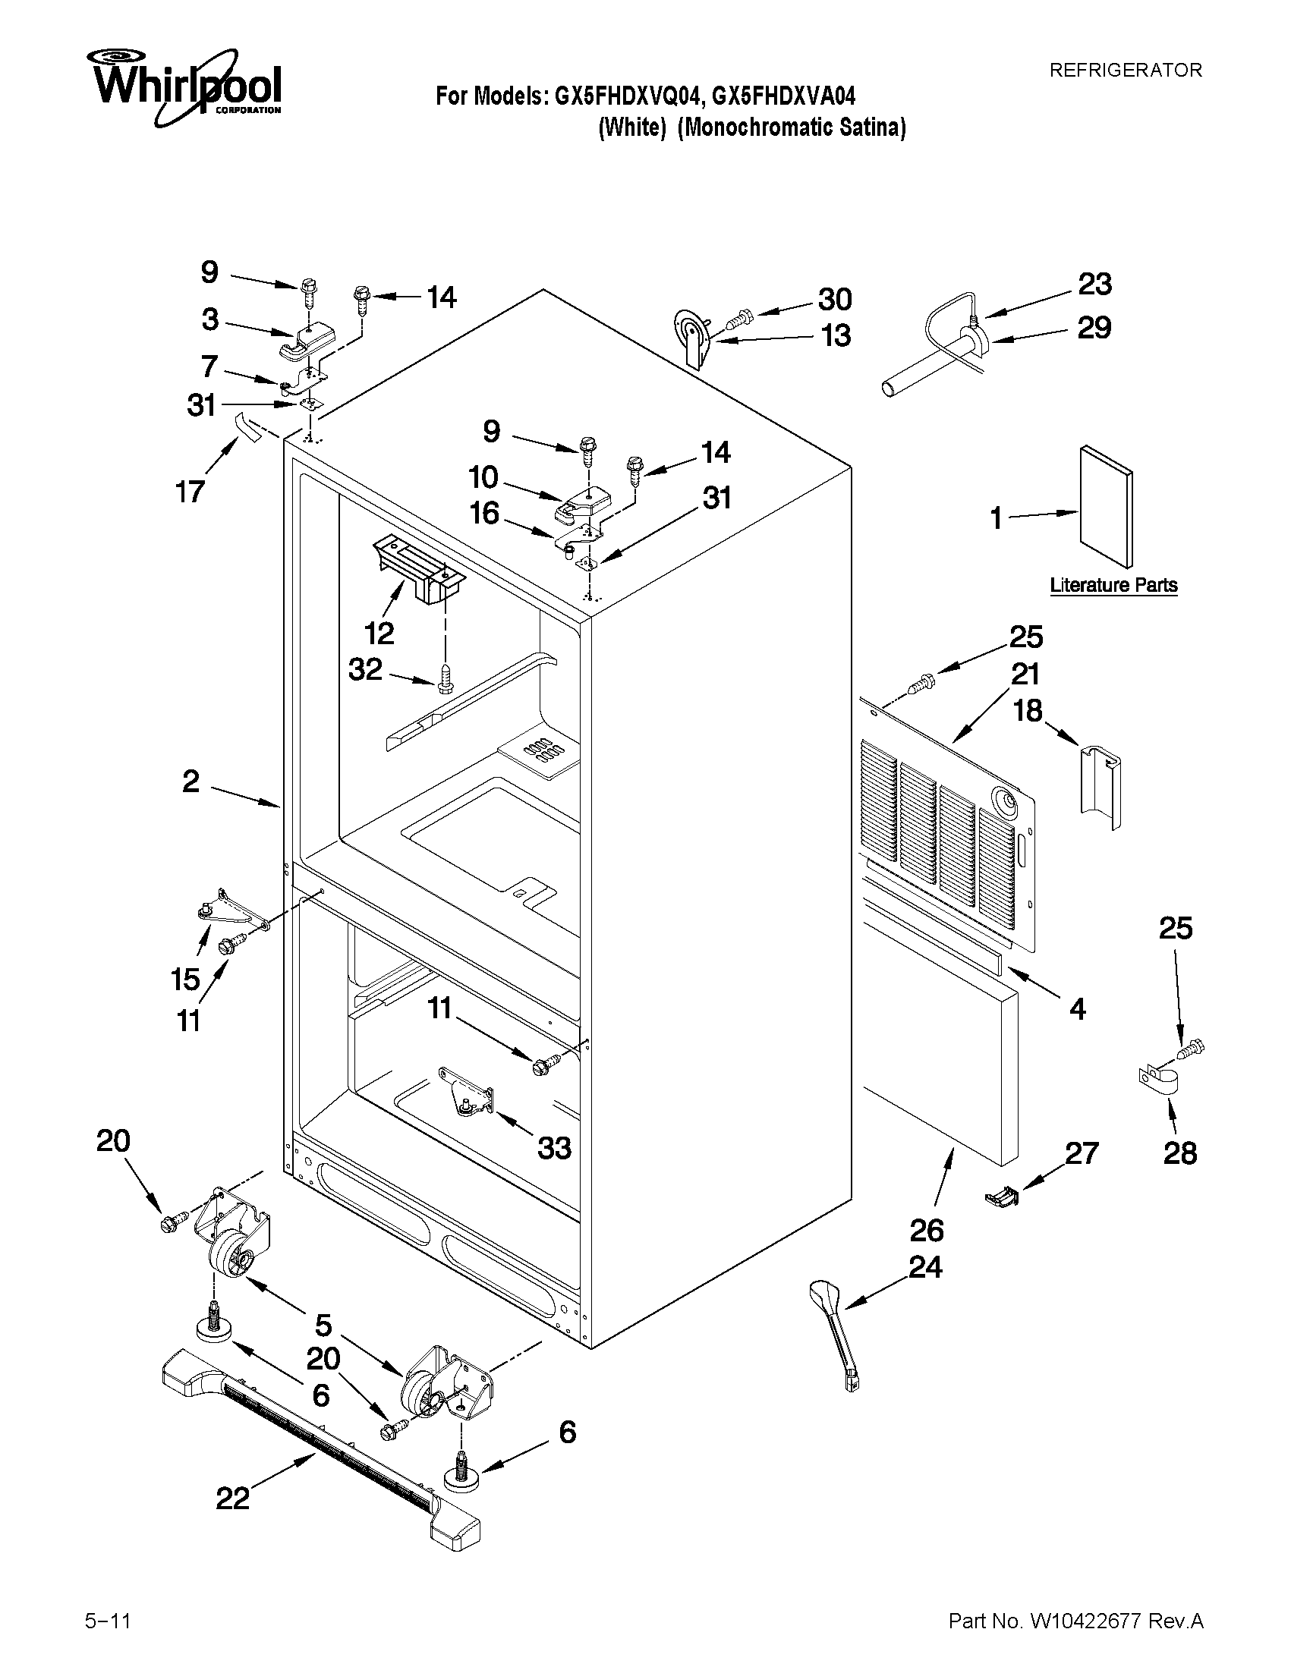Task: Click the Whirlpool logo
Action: pyautogui.click(x=184, y=88)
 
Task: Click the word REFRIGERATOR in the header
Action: pyautogui.click(x=1125, y=71)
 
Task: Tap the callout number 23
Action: pyautogui.click(x=1094, y=285)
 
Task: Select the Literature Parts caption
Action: pyautogui.click(x=1113, y=585)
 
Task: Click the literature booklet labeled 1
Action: pyautogui.click(x=1107, y=507)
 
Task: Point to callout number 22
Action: pyautogui.click(x=232, y=1499)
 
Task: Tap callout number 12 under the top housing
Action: pyautogui.click(x=379, y=632)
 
